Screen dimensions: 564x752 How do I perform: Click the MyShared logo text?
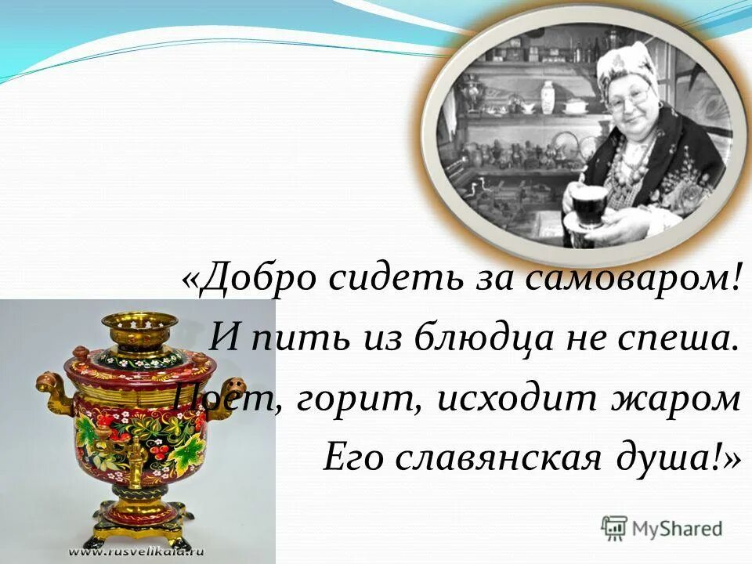coord(674,528)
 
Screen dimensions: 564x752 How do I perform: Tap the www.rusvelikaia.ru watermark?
coord(138,551)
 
